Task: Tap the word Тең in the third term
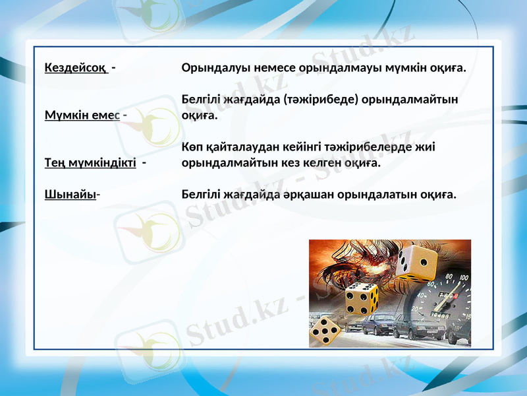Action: [x=53, y=162]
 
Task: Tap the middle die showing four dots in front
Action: [x=361, y=299]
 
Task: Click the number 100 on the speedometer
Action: [x=464, y=279]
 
